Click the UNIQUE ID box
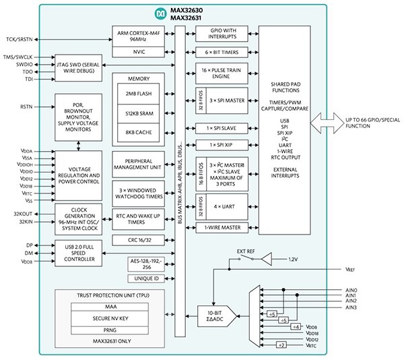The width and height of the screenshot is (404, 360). pyautogui.click(x=146, y=278)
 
